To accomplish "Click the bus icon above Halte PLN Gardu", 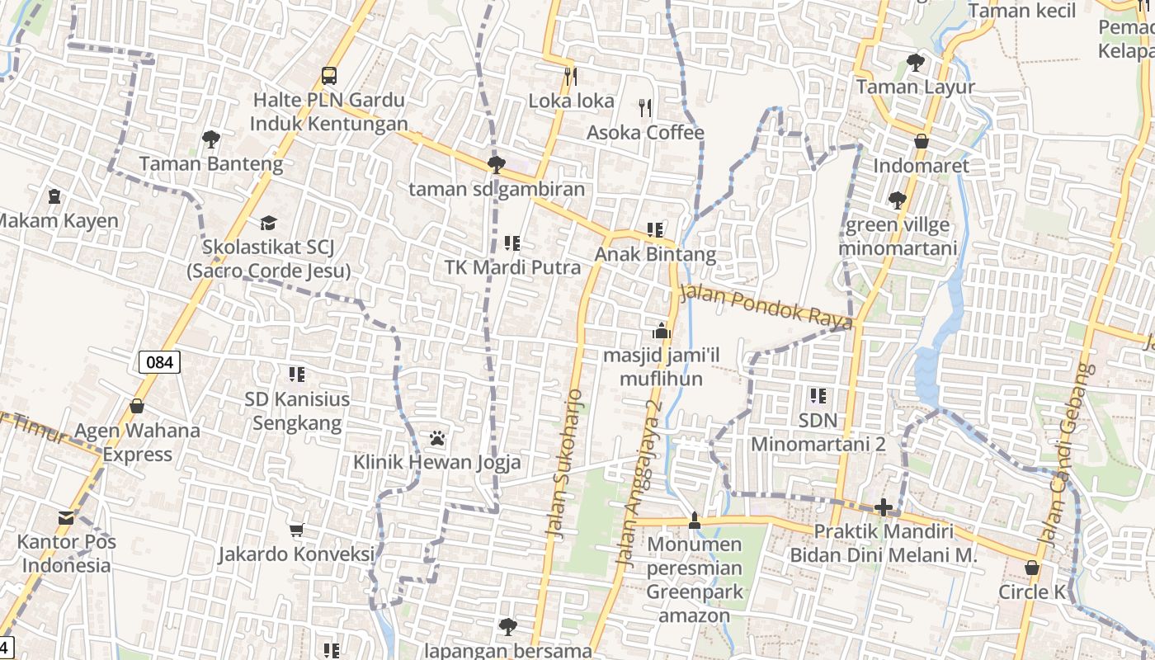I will click(x=329, y=76).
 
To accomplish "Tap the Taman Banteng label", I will click(x=210, y=163).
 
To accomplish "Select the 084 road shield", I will click(x=159, y=361).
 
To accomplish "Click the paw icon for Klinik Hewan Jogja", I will click(x=437, y=437).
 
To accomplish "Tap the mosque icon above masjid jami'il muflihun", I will click(x=662, y=332).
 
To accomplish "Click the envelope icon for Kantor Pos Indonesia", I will click(x=66, y=518).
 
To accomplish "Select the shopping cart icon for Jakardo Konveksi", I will click(x=296, y=530).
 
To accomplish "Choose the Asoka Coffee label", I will click(x=645, y=133).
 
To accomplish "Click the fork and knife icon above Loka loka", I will click(x=570, y=77).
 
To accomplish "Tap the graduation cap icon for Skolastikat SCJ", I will click(x=268, y=223).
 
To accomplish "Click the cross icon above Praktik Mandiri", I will click(x=884, y=507).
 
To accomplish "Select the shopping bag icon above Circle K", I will click(x=1031, y=568).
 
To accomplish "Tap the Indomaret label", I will click(x=921, y=165).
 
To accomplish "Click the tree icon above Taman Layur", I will click(x=915, y=62).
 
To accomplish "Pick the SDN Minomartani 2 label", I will click(x=818, y=432).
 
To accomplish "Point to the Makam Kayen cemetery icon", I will click(x=54, y=196).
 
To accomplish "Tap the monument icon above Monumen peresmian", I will click(x=694, y=520).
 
